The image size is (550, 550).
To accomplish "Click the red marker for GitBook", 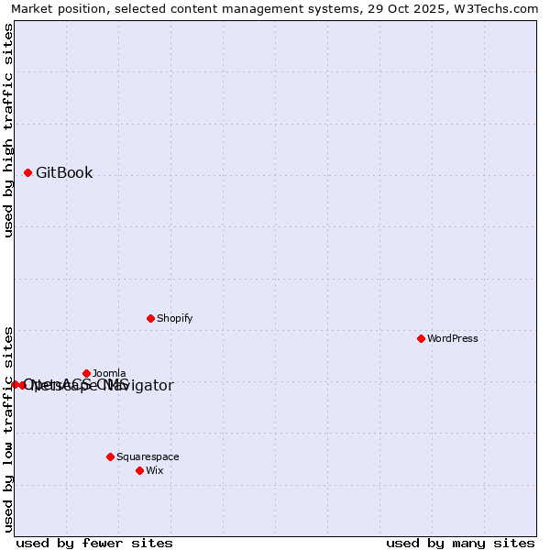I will pyautogui.click(x=27, y=172).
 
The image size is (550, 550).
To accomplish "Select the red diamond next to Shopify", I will pyautogui.click(x=150, y=318).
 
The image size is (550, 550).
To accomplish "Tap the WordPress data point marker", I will pyautogui.click(x=421, y=338).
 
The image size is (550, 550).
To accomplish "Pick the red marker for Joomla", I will pyautogui.click(x=86, y=373).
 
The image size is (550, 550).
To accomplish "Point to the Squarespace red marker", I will pyautogui.click(x=110, y=456).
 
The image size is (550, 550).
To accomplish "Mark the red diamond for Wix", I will pyautogui.click(x=139, y=470).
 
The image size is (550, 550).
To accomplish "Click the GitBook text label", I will pyautogui.click(x=64, y=172).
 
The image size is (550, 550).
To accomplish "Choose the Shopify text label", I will pyautogui.click(x=174, y=318).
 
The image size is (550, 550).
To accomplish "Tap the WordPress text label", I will pyautogui.click(x=453, y=338).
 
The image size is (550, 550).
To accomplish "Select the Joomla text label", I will pyautogui.click(x=109, y=373).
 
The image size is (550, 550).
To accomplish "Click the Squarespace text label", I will pyautogui.click(x=148, y=456).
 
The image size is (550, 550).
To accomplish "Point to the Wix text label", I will pyautogui.click(x=154, y=470).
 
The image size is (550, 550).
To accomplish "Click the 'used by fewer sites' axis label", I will pyautogui.click(x=94, y=543).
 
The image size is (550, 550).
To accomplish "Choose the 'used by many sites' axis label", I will pyautogui.click(x=460, y=543).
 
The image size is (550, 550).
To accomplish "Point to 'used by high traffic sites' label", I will pyautogui.click(x=9, y=130).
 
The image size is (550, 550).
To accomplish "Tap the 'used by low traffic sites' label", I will pyautogui.click(x=9, y=428).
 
